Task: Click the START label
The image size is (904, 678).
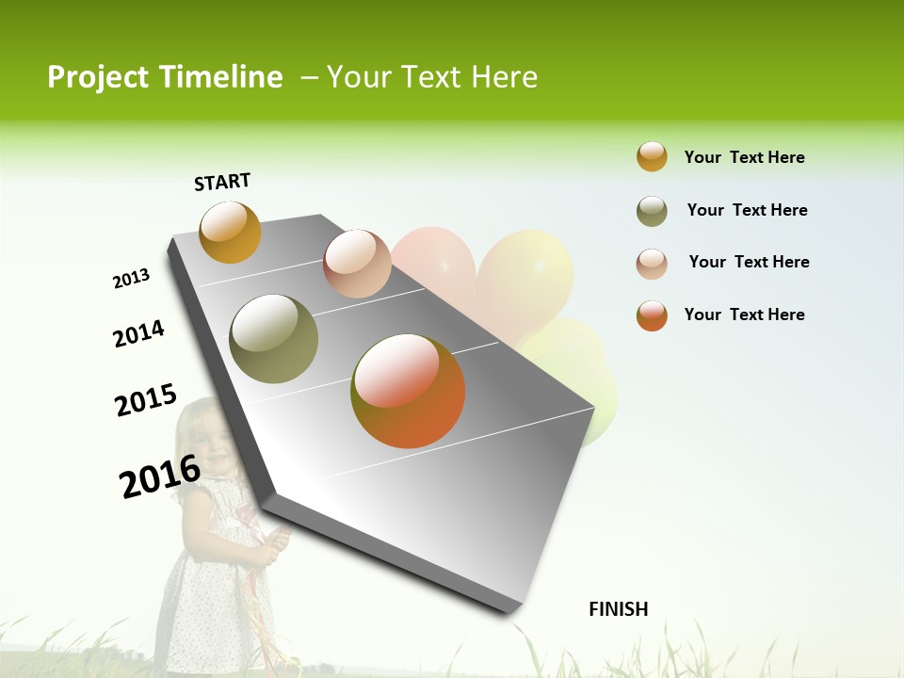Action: point(222,182)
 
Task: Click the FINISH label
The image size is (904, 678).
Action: point(619,609)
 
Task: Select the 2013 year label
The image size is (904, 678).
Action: point(131,279)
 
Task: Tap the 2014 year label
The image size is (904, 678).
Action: point(138,333)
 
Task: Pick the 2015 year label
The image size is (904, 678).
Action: point(145,400)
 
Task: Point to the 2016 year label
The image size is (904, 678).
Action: point(160,476)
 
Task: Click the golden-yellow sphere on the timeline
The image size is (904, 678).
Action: point(230,232)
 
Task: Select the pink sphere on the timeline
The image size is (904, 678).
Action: point(357,264)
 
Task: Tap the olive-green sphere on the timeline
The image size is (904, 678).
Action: point(274,339)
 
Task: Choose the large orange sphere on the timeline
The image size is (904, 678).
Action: point(408,391)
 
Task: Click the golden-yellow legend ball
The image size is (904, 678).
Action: point(652,156)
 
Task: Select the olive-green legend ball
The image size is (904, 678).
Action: point(652,211)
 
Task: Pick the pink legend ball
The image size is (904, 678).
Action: point(652,264)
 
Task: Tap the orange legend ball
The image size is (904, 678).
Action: point(652,315)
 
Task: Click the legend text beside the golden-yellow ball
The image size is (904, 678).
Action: point(744,157)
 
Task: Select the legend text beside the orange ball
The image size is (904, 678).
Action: point(744,315)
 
